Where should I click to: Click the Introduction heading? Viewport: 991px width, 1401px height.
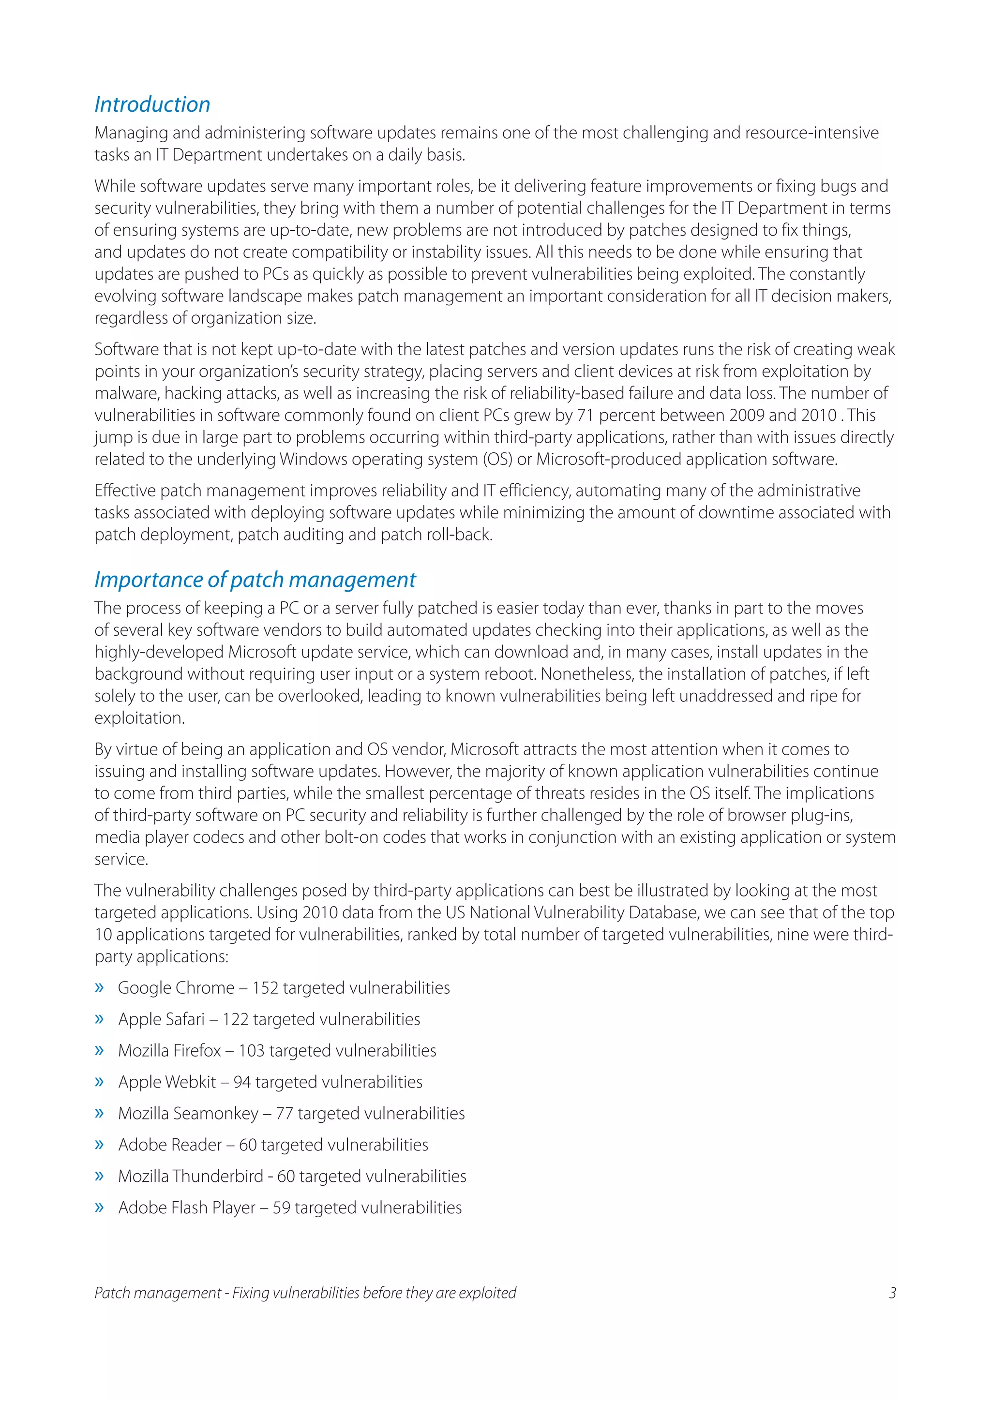pos(152,104)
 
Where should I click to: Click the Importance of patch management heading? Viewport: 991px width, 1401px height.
pos(255,580)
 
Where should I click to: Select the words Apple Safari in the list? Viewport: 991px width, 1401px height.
pos(161,1019)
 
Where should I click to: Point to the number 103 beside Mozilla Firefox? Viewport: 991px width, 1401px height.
pos(252,1051)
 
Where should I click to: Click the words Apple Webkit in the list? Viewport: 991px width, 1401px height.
pos(166,1082)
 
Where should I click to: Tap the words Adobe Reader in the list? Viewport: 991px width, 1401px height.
pos(170,1145)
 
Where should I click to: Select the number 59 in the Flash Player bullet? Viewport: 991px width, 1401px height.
pos(281,1207)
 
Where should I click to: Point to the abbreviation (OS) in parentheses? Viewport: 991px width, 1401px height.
pos(497,460)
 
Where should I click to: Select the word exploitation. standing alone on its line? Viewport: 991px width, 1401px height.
pos(139,718)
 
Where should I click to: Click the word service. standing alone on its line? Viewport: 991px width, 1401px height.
pos(122,859)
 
